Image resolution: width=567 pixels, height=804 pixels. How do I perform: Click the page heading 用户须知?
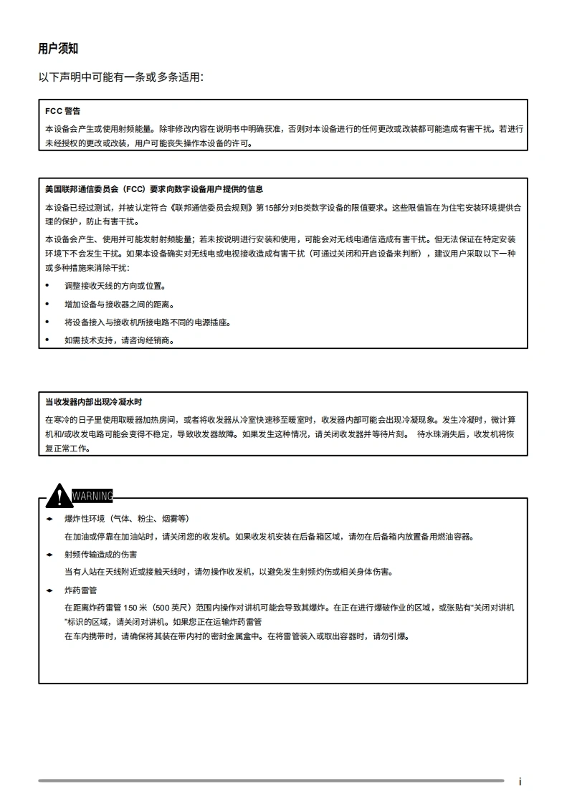pos(58,49)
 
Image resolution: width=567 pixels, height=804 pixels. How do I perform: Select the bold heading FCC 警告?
pos(62,111)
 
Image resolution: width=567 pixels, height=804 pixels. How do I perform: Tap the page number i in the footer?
pos(520,781)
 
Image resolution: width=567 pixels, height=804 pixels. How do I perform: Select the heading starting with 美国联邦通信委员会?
pos(154,189)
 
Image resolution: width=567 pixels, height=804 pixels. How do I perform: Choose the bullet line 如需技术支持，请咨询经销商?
pos(119,340)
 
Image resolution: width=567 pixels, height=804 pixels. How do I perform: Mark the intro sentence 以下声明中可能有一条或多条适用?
pos(120,77)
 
